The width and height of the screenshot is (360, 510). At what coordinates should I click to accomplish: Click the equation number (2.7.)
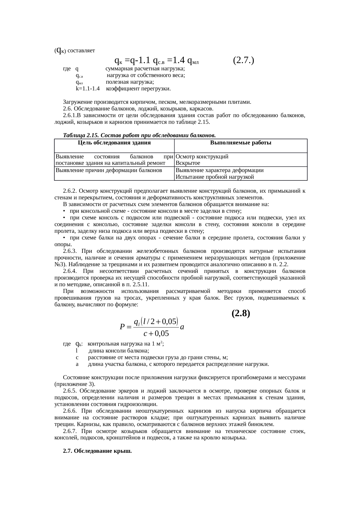click(244, 60)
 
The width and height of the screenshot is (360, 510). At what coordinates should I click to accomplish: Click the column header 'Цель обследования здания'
click(114, 143)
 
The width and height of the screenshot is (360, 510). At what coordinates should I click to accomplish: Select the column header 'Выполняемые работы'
click(241, 143)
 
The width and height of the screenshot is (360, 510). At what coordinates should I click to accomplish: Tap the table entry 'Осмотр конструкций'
click(202, 157)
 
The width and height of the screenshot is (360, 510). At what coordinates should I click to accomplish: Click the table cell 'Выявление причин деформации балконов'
click(109, 170)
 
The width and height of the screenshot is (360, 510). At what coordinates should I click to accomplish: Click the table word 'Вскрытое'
click(188, 163)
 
